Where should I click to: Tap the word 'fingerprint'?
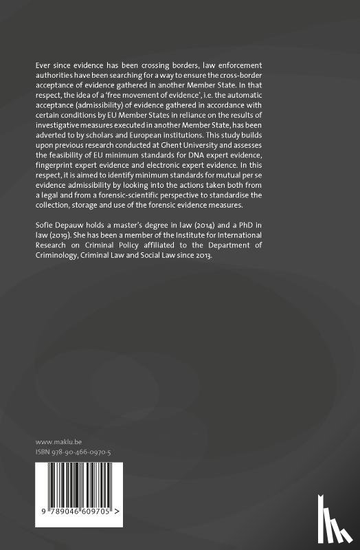[57, 175]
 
